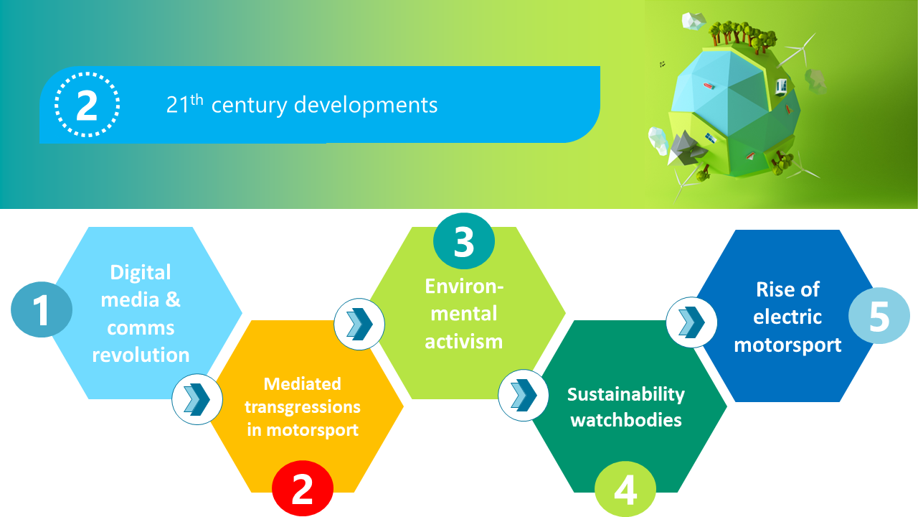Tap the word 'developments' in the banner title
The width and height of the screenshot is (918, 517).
(366, 106)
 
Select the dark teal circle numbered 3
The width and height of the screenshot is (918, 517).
(464, 241)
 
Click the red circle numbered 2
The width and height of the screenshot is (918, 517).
(303, 488)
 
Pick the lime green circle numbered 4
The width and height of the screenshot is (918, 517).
(625, 489)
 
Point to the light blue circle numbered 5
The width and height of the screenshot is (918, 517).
(879, 315)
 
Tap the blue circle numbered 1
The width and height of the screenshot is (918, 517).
(42, 309)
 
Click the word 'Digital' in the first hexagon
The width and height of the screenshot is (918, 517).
(141, 272)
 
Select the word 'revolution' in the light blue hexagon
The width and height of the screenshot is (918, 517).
(141, 355)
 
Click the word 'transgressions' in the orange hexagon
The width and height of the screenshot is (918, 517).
(303, 407)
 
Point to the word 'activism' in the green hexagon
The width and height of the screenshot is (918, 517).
(464, 341)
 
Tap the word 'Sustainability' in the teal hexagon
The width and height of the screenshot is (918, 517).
(626, 395)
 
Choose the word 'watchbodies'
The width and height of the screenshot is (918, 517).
(626, 420)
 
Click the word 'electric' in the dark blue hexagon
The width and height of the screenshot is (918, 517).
(787, 317)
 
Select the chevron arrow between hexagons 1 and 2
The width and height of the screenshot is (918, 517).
(197, 399)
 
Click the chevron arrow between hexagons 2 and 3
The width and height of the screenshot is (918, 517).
(359, 324)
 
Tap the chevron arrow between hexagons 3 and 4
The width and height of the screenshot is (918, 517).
(524, 395)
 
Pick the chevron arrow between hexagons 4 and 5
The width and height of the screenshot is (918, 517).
(691, 322)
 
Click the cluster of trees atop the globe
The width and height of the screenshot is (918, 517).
(742, 36)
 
